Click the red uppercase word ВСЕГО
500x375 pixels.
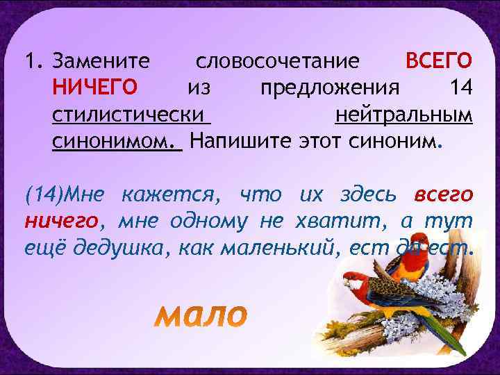tap(439, 62)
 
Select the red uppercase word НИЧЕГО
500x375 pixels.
tap(95, 88)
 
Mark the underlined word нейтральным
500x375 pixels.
tap(403, 115)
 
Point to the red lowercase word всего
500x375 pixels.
tap(443, 195)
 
